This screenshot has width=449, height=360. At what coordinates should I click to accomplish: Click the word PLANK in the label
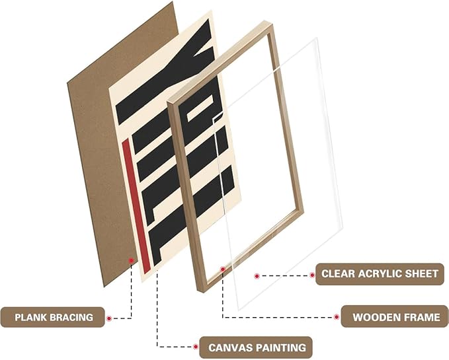click(x=28, y=318)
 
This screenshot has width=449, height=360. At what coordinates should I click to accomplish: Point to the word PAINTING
click(x=280, y=347)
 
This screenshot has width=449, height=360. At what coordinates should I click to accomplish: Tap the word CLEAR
click(x=338, y=273)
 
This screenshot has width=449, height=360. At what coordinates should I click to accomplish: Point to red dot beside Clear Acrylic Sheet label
click(x=312, y=273)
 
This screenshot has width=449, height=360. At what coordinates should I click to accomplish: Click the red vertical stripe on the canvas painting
click(x=136, y=205)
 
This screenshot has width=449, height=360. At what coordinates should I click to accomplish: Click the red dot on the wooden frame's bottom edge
click(x=223, y=270)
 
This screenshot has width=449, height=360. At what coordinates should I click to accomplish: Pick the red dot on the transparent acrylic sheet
click(x=255, y=273)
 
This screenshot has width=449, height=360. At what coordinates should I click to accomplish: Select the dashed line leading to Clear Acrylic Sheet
click(x=283, y=273)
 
